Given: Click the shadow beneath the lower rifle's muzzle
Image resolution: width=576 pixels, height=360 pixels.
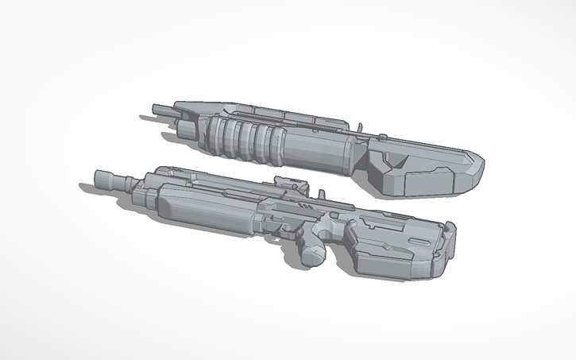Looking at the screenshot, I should pyautogui.click(x=89, y=187).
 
